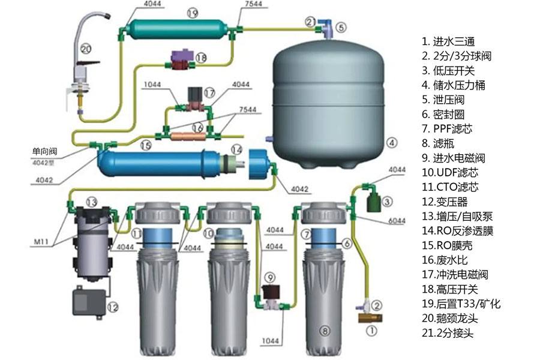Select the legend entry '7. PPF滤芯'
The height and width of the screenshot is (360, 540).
(x=456, y=128)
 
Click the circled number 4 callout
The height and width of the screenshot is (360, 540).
(x=391, y=143)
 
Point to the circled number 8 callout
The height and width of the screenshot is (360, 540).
(x=325, y=330)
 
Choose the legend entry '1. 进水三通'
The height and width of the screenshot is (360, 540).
(x=448, y=41)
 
